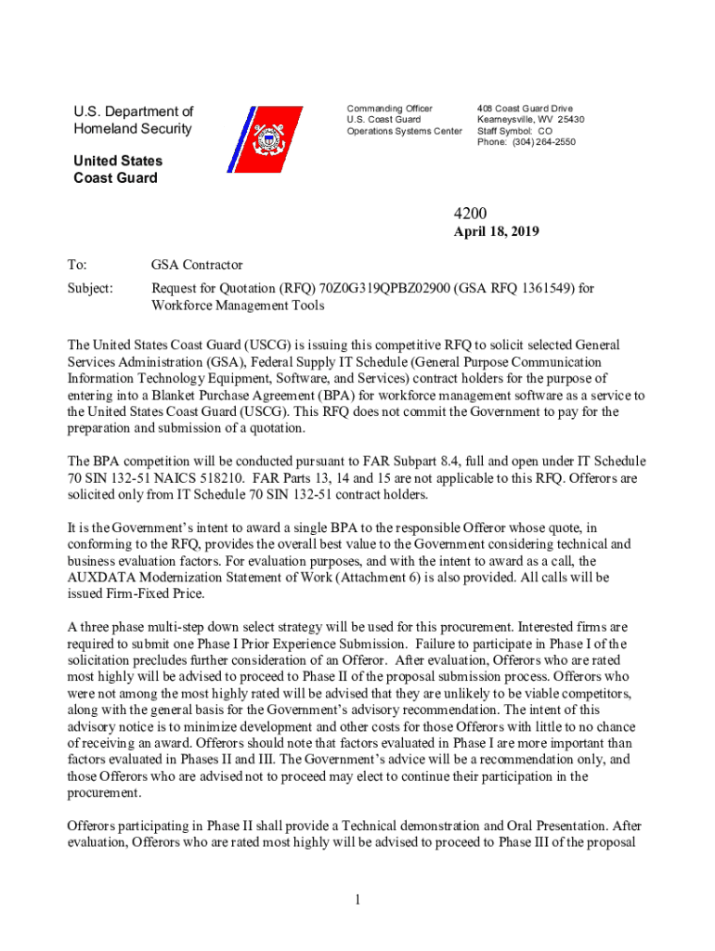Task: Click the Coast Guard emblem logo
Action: point(269,139)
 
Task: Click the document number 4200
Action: point(494,213)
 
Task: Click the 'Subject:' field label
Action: point(90,288)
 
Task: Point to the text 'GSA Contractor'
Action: point(197,266)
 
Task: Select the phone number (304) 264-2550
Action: point(542,142)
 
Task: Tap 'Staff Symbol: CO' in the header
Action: point(514,131)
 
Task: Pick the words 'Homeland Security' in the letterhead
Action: point(133,129)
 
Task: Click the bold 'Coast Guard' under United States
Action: point(115,178)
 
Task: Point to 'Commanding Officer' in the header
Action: point(389,109)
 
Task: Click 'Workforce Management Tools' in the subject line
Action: point(238,305)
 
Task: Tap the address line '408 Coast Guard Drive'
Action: point(525,109)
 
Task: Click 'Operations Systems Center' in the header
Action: point(404,131)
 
